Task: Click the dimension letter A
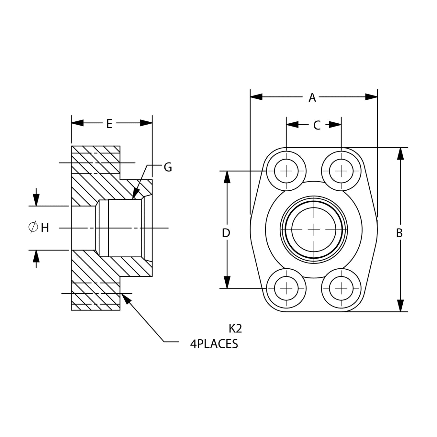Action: click(x=312, y=97)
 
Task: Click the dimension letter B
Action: click(x=399, y=233)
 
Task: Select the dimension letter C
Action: click(x=317, y=125)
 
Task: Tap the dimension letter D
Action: click(x=226, y=233)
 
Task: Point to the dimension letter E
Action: click(x=109, y=123)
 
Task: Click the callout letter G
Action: click(x=168, y=167)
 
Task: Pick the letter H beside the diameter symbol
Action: click(x=45, y=228)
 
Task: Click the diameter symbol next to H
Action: click(x=33, y=227)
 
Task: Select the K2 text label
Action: click(x=235, y=329)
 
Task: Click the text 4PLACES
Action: click(x=214, y=344)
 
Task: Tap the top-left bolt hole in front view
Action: click(x=286, y=171)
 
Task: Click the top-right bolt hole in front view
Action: click(x=341, y=171)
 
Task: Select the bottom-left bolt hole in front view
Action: click(x=286, y=288)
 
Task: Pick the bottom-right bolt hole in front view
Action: click(x=341, y=288)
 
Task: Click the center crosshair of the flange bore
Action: click(x=314, y=229)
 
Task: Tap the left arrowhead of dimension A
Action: click(x=256, y=97)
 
